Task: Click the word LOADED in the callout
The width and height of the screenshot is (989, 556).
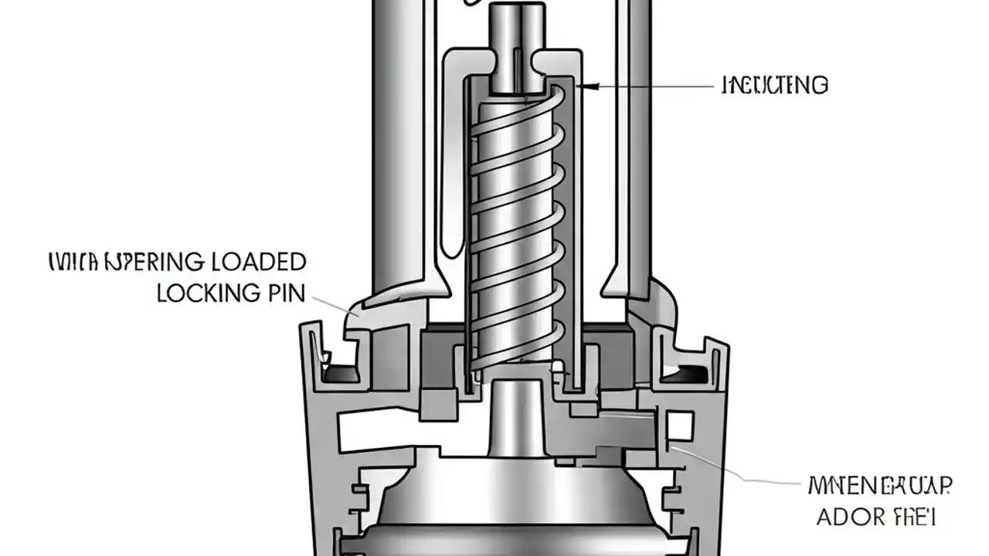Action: click(257, 263)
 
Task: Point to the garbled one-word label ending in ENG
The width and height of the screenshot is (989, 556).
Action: click(774, 85)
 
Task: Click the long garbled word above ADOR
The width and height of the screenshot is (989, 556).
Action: click(879, 486)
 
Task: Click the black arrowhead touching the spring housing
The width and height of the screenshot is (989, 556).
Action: click(584, 87)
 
